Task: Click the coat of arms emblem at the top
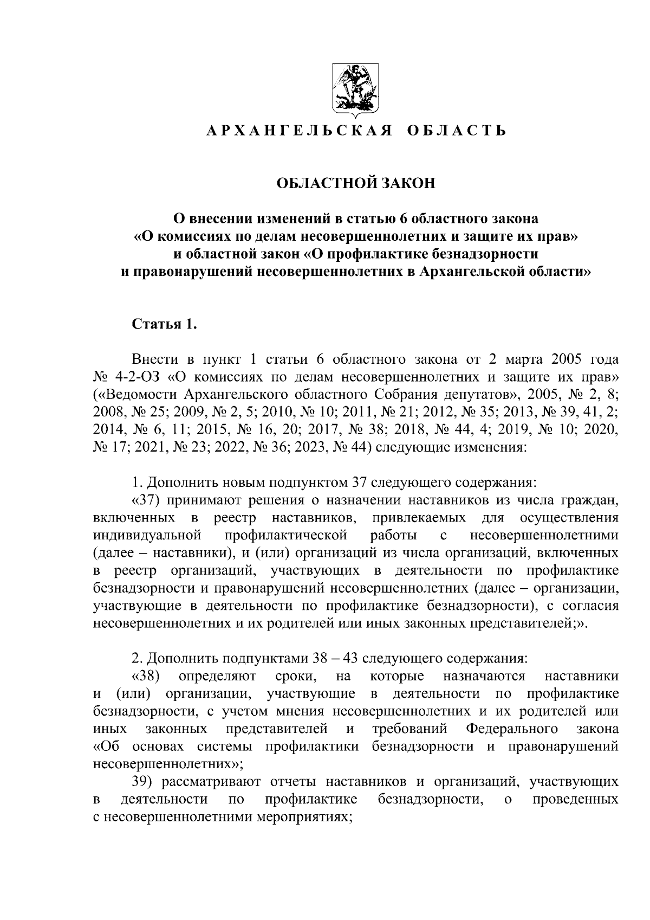pyautogui.click(x=355, y=89)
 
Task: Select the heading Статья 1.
pyautogui.click(x=162, y=325)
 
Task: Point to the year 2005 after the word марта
pyautogui.click(x=567, y=359)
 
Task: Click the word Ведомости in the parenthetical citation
pyautogui.click(x=138, y=391)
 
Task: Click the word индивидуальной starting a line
pyautogui.click(x=147, y=536)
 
